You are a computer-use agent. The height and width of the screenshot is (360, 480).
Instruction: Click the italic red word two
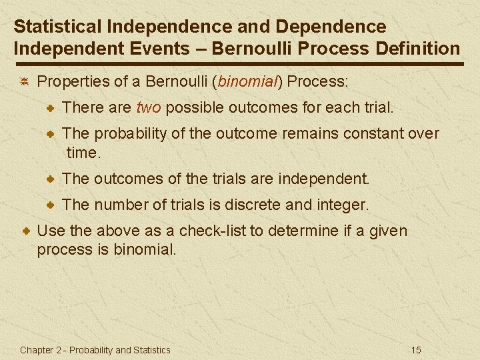point(149,107)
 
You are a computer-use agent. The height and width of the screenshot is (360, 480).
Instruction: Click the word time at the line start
point(81,153)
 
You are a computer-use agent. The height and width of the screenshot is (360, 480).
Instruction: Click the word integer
point(340,205)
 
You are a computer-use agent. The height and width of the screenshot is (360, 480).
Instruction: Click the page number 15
point(417,350)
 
